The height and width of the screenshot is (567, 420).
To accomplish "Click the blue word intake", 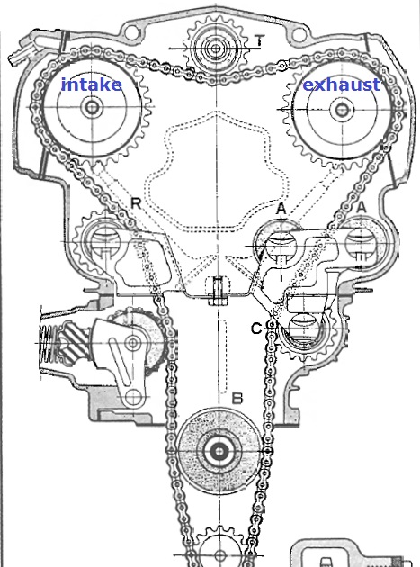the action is pyautogui.click(x=92, y=85).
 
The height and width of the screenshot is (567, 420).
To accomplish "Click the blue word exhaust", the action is pyautogui.click(x=341, y=85).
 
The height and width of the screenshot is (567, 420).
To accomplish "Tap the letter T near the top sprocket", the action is pyautogui.click(x=260, y=40).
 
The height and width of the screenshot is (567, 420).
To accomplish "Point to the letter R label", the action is pyautogui.click(x=136, y=203).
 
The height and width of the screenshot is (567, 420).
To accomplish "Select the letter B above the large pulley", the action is pyautogui.click(x=237, y=399).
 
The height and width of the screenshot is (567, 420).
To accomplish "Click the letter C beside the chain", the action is pyautogui.click(x=256, y=328).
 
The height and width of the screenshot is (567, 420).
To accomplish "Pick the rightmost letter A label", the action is pyautogui.click(x=361, y=207).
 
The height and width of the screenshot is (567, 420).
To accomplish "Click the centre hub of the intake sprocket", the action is pyautogui.click(x=92, y=107).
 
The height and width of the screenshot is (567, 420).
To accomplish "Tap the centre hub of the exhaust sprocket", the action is pyautogui.click(x=340, y=109).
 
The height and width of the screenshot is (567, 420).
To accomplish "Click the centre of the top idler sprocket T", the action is pyautogui.click(x=216, y=48).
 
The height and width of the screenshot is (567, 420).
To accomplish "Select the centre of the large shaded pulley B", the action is pyautogui.click(x=219, y=451).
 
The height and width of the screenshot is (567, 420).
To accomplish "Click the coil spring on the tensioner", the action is pyautogui.click(x=48, y=343).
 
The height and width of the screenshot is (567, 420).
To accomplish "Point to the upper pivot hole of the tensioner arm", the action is pyautogui.click(x=133, y=342).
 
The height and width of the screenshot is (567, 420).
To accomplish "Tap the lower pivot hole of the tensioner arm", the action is pyautogui.click(x=133, y=397).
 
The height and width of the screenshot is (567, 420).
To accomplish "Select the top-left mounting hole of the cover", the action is pyautogui.click(x=130, y=31).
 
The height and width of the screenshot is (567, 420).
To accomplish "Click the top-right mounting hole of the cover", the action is pyautogui.click(x=298, y=35).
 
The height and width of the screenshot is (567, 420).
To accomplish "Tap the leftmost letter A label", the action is pyautogui.click(x=281, y=208).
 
